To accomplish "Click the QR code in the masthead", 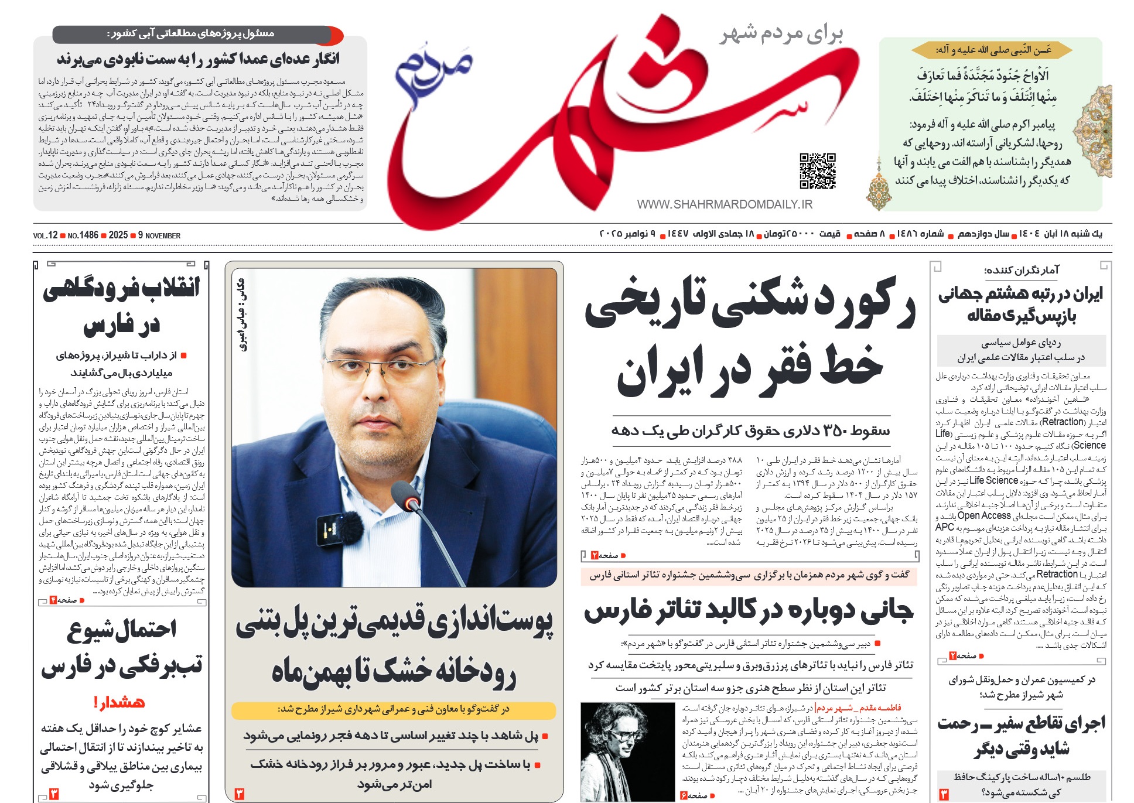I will pyautogui.click(x=818, y=170).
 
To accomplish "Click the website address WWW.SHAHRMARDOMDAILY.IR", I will pyautogui.click(x=725, y=204).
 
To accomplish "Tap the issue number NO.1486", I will pyautogui.click(x=83, y=235).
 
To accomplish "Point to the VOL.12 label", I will pyautogui.click(x=45, y=235).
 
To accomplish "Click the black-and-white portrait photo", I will pyautogui.click(x=627, y=751).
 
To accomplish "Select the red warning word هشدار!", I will pyautogui.click(x=119, y=702).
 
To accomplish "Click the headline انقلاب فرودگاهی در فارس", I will pyautogui.click(x=121, y=306).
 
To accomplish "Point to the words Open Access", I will pyautogui.click(x=984, y=516).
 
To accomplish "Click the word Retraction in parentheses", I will pyautogui.click(x=1063, y=422).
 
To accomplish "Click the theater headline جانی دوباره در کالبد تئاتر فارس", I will pyautogui.click(x=748, y=610).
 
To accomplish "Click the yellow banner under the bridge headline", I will pyautogui.click(x=394, y=710).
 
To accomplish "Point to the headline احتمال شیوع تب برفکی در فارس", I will pyautogui.click(x=121, y=647).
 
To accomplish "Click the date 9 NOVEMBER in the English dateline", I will pyautogui.click(x=159, y=235).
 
